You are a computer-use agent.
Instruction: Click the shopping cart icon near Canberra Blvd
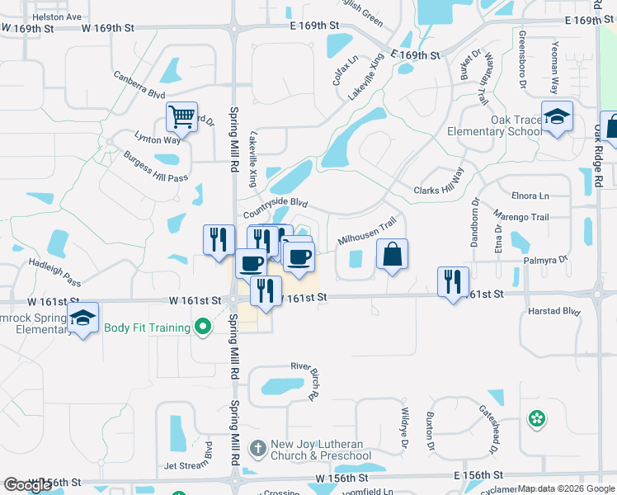point(181,115)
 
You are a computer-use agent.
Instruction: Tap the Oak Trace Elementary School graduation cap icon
point(557,116)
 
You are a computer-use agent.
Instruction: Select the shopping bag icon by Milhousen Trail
point(393,255)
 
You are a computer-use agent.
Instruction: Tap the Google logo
point(27,486)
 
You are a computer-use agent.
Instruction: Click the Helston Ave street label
point(57,16)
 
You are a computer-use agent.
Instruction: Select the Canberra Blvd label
point(139,86)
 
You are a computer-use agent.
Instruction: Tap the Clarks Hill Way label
point(439,182)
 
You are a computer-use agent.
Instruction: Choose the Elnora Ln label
point(530,196)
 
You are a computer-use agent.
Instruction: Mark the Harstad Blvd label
point(554,312)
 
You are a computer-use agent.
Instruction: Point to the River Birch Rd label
point(304,380)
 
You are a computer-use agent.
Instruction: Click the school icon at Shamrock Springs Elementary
point(82,318)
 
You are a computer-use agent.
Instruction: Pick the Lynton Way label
point(158,139)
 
